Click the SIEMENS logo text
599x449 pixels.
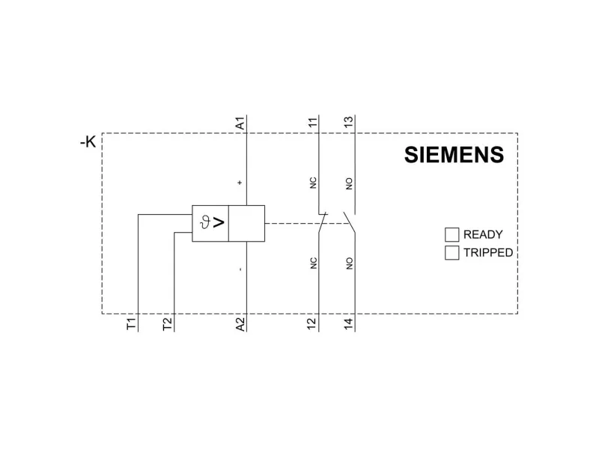coord(454,155)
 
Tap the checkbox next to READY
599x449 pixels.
coord(451,234)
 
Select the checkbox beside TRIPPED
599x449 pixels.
coord(451,253)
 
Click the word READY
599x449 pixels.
coord(483,234)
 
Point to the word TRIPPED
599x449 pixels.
coord(488,253)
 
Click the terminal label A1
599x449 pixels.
coord(240,123)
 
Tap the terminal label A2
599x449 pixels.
coord(240,324)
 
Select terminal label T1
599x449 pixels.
coord(131,324)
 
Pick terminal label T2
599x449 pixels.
coord(167,324)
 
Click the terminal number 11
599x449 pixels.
coord(312,123)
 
